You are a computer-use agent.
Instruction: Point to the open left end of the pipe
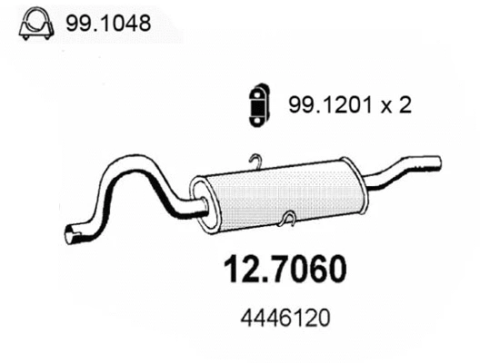pos(68,238)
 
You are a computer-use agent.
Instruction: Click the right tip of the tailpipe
pos(439,162)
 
